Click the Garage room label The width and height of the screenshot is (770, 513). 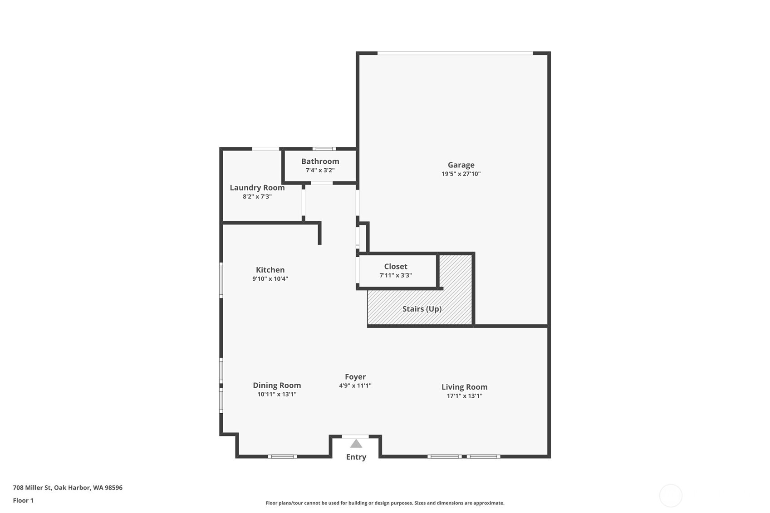pos(461,165)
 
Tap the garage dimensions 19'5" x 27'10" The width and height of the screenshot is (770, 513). pos(461,174)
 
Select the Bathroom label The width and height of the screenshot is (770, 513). pos(320,161)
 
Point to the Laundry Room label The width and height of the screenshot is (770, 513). pos(257,188)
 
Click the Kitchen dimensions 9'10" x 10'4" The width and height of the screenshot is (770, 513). pos(270,279)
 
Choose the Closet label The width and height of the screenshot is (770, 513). pos(396,267)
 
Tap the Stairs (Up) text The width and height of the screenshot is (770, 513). pos(422,309)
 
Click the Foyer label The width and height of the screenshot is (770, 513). pos(355,377)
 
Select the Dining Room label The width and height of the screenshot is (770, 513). pos(277,386)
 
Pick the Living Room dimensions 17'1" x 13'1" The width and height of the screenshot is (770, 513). pos(464,396)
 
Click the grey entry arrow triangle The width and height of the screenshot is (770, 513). pos(356,444)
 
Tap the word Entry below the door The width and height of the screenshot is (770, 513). pos(356,457)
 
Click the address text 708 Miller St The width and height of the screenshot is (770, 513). pos(68,488)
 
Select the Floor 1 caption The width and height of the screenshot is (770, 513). pos(23,501)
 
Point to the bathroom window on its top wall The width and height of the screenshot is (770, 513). pos(324,149)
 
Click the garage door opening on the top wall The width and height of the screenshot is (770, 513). pos(455,54)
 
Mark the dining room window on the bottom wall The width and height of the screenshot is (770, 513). pos(282,456)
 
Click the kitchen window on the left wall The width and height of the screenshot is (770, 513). pos(221,280)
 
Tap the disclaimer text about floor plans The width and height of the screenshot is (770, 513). pos(385,503)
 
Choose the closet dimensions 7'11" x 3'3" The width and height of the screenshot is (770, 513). pos(396,275)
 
